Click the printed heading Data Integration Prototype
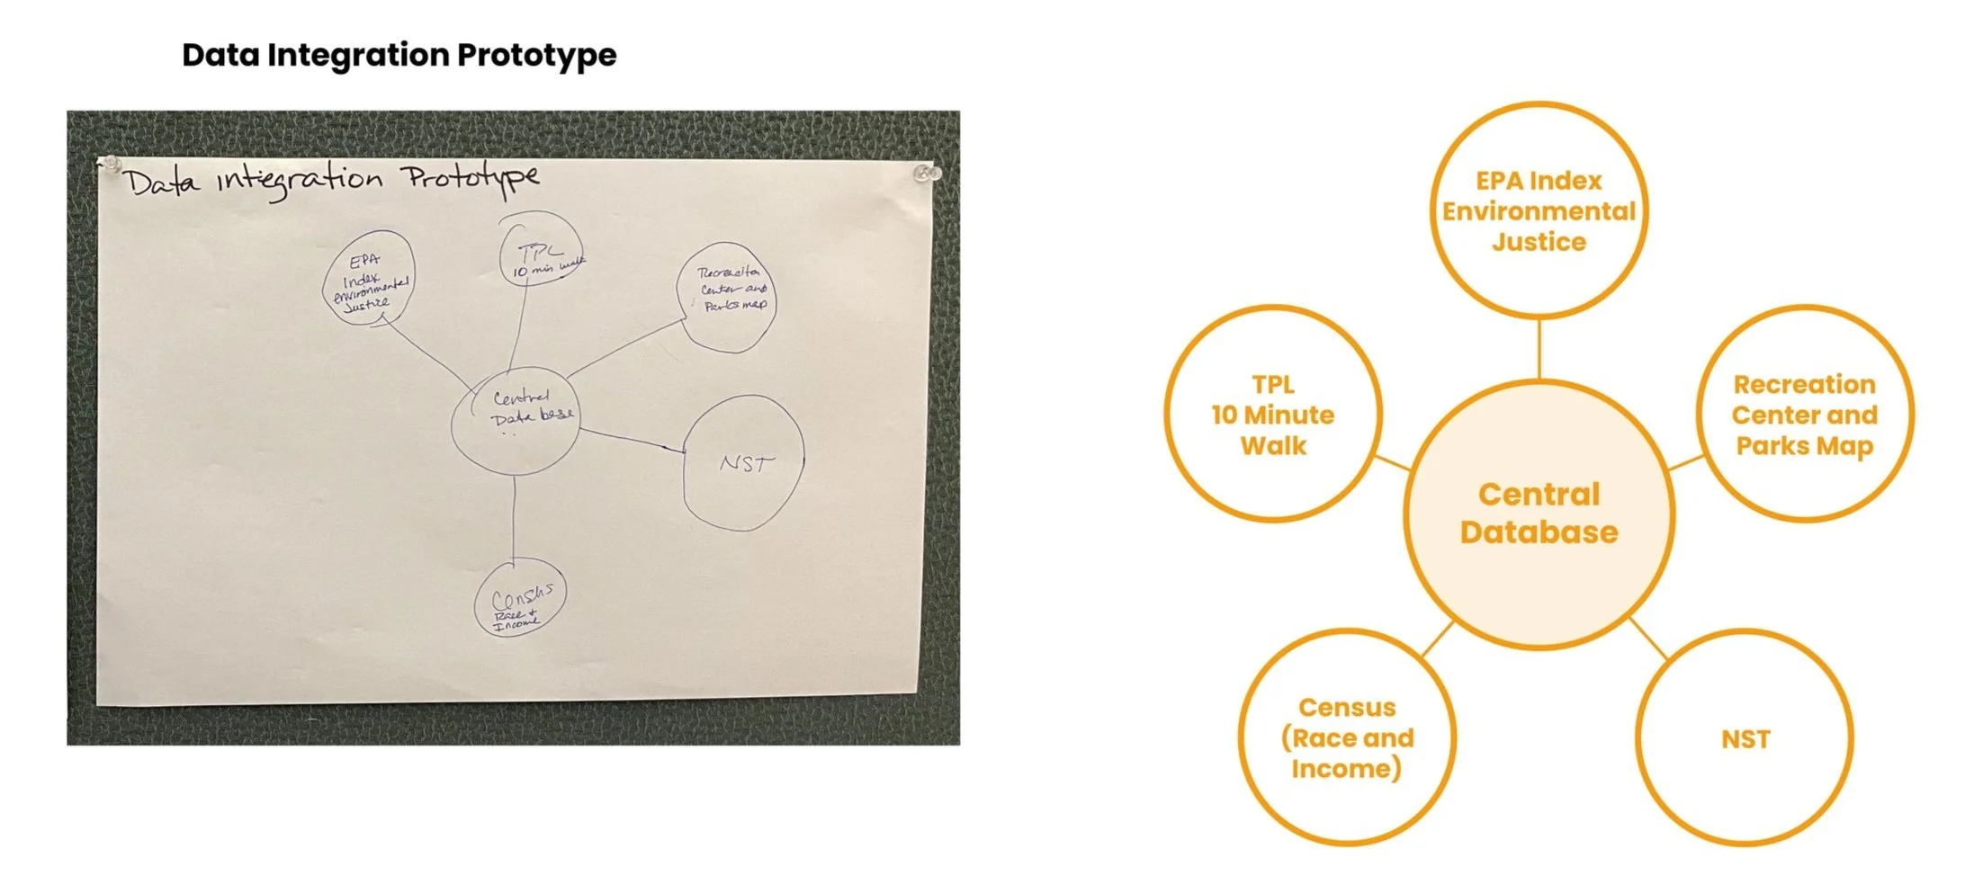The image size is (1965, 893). pos(399,55)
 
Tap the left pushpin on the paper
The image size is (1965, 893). pos(112,164)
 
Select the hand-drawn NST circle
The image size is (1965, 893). pos(743,463)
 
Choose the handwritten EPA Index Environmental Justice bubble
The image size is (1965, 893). pos(369,279)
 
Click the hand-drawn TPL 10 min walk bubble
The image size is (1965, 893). pos(540,252)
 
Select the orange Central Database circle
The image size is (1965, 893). pos(1539,513)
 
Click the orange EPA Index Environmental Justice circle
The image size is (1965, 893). pos(1539,210)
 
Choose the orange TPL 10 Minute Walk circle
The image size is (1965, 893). pos(1273,415)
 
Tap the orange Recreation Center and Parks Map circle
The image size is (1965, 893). pos(1804,415)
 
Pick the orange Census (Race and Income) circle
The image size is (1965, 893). pos(1347,738)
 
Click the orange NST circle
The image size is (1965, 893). pos(1745,739)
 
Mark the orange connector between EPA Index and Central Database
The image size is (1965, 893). pos(1539,349)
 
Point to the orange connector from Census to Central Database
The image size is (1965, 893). pos(1438,638)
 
